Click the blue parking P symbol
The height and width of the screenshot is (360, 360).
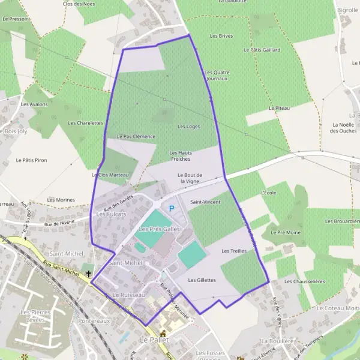(x=172, y=209)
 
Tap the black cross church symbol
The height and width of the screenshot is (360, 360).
(x=89, y=274)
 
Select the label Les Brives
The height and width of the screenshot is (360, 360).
(x=221, y=36)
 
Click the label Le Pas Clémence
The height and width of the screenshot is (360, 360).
(x=136, y=136)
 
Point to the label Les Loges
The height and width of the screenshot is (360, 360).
(x=189, y=127)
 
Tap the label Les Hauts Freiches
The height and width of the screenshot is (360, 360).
(x=181, y=156)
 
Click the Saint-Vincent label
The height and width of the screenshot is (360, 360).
(x=205, y=202)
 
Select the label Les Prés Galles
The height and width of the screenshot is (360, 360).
(x=160, y=229)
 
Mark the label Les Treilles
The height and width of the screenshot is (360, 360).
(x=234, y=251)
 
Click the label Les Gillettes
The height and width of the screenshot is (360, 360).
(x=202, y=280)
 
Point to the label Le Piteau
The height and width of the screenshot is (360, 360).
(x=279, y=108)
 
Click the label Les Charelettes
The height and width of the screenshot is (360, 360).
(x=86, y=123)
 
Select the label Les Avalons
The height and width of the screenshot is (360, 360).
(x=34, y=104)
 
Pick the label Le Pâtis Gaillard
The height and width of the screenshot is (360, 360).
(x=262, y=50)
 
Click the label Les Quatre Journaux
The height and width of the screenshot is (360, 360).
(x=217, y=76)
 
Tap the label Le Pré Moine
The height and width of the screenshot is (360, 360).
(x=286, y=232)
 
